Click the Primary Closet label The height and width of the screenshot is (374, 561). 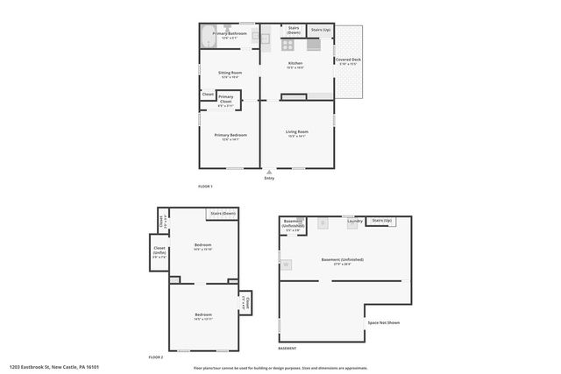[x=226, y=99]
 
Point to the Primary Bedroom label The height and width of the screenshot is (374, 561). [x=231, y=135]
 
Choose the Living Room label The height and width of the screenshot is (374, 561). [x=296, y=133]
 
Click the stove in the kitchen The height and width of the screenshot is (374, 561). [x=287, y=44]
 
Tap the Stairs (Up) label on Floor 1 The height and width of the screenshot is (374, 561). [x=321, y=30]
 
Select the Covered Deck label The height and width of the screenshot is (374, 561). [x=349, y=61]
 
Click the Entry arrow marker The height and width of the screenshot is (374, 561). [x=269, y=173]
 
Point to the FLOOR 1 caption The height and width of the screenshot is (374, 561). [x=205, y=187]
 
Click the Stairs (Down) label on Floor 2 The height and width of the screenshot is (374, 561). [x=223, y=214]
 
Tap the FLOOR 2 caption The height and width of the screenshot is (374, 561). [x=156, y=357]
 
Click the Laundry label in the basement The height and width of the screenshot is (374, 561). [x=354, y=222]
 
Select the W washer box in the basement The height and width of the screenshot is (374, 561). [x=286, y=264]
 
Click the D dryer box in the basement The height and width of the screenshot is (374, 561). [x=323, y=224]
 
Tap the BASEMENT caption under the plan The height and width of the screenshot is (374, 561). [x=288, y=349]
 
